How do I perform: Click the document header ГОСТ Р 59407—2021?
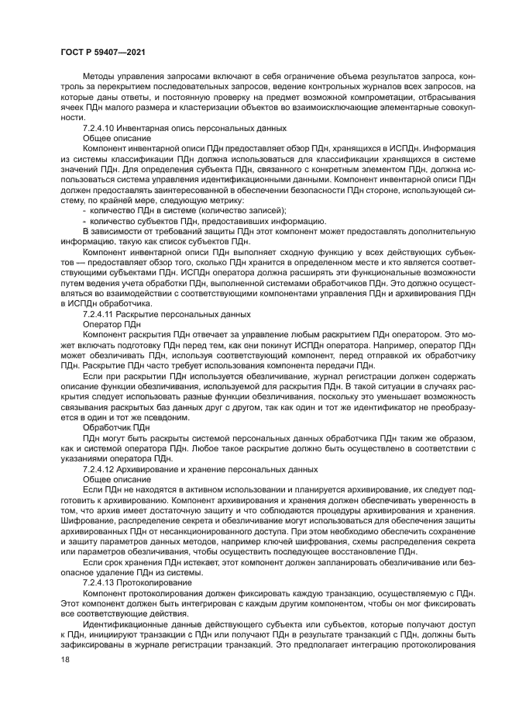[104, 52]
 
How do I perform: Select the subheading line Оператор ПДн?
[107, 324]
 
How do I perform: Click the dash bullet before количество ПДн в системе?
[84, 210]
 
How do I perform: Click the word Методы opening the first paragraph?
[98, 78]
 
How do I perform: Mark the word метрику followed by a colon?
[225, 199]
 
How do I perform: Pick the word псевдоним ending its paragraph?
[164, 417]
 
